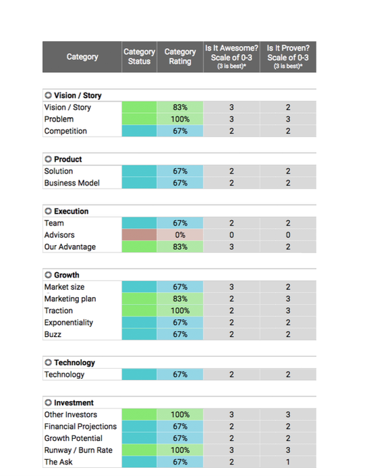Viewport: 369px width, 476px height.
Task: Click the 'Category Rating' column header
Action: coord(180,57)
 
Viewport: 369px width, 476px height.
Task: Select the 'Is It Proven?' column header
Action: coord(288,57)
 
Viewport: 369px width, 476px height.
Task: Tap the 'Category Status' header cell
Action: coord(139,57)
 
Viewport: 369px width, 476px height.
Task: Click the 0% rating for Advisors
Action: coord(180,235)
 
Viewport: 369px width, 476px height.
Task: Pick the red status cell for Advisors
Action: coord(139,235)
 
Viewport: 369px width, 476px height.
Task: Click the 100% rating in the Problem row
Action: coord(180,119)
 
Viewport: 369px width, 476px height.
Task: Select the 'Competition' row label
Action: coord(65,131)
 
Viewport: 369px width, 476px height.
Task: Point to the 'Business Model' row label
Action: coord(72,183)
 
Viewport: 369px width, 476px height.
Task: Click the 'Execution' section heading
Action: coord(72,211)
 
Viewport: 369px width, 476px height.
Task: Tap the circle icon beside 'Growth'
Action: coord(48,275)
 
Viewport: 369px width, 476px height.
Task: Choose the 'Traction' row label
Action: coord(59,311)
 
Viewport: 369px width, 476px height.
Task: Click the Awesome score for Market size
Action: coord(231,287)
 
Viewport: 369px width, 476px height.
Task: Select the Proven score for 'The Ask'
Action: coord(288,462)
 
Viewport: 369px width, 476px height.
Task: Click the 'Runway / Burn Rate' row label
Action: coord(78,450)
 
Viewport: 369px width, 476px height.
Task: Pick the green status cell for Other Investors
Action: coord(139,415)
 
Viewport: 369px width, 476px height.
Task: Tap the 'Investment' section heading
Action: coord(74,403)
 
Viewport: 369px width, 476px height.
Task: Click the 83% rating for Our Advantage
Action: coord(180,247)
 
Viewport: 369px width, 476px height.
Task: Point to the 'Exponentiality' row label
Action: coord(69,322)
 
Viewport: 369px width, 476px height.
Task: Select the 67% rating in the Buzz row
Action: coord(180,334)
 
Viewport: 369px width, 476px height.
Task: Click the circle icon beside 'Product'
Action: coord(48,159)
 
